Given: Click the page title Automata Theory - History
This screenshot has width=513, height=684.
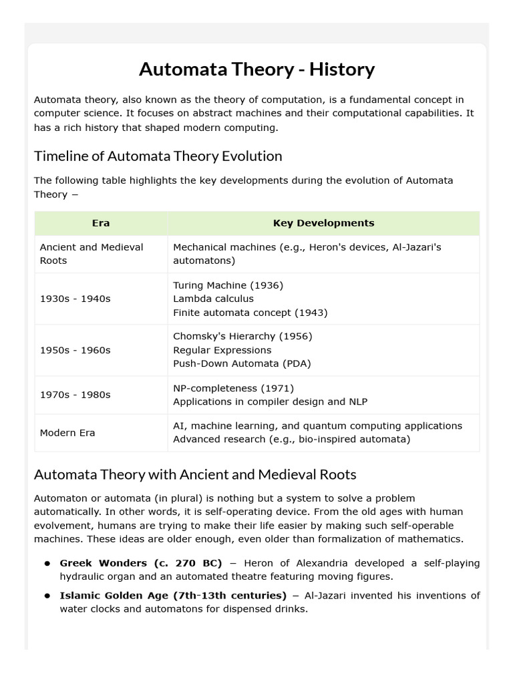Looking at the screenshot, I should (x=256, y=69).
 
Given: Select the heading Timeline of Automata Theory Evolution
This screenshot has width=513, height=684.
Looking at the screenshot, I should (x=158, y=156).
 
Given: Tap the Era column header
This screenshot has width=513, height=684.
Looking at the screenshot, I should (x=101, y=223).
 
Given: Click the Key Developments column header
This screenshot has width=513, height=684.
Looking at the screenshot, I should (x=323, y=223).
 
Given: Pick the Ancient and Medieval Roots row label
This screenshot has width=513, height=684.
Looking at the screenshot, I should (x=92, y=254).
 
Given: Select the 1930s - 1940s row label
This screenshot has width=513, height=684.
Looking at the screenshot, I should (x=75, y=299).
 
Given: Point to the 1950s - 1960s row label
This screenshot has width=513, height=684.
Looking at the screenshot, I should (x=75, y=350).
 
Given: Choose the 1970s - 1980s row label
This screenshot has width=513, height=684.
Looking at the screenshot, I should (x=75, y=395).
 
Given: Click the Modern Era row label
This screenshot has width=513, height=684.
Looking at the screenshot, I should (x=67, y=433).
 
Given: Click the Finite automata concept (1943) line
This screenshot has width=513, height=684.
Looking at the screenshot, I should (x=250, y=312).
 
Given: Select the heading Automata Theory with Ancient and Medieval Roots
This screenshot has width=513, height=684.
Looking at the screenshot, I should (x=195, y=475).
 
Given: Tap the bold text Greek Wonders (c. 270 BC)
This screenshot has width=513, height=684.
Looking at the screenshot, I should (x=141, y=563).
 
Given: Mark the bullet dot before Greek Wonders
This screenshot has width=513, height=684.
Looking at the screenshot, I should (x=47, y=564).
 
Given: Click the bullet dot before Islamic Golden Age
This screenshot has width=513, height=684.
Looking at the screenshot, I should (x=47, y=596).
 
